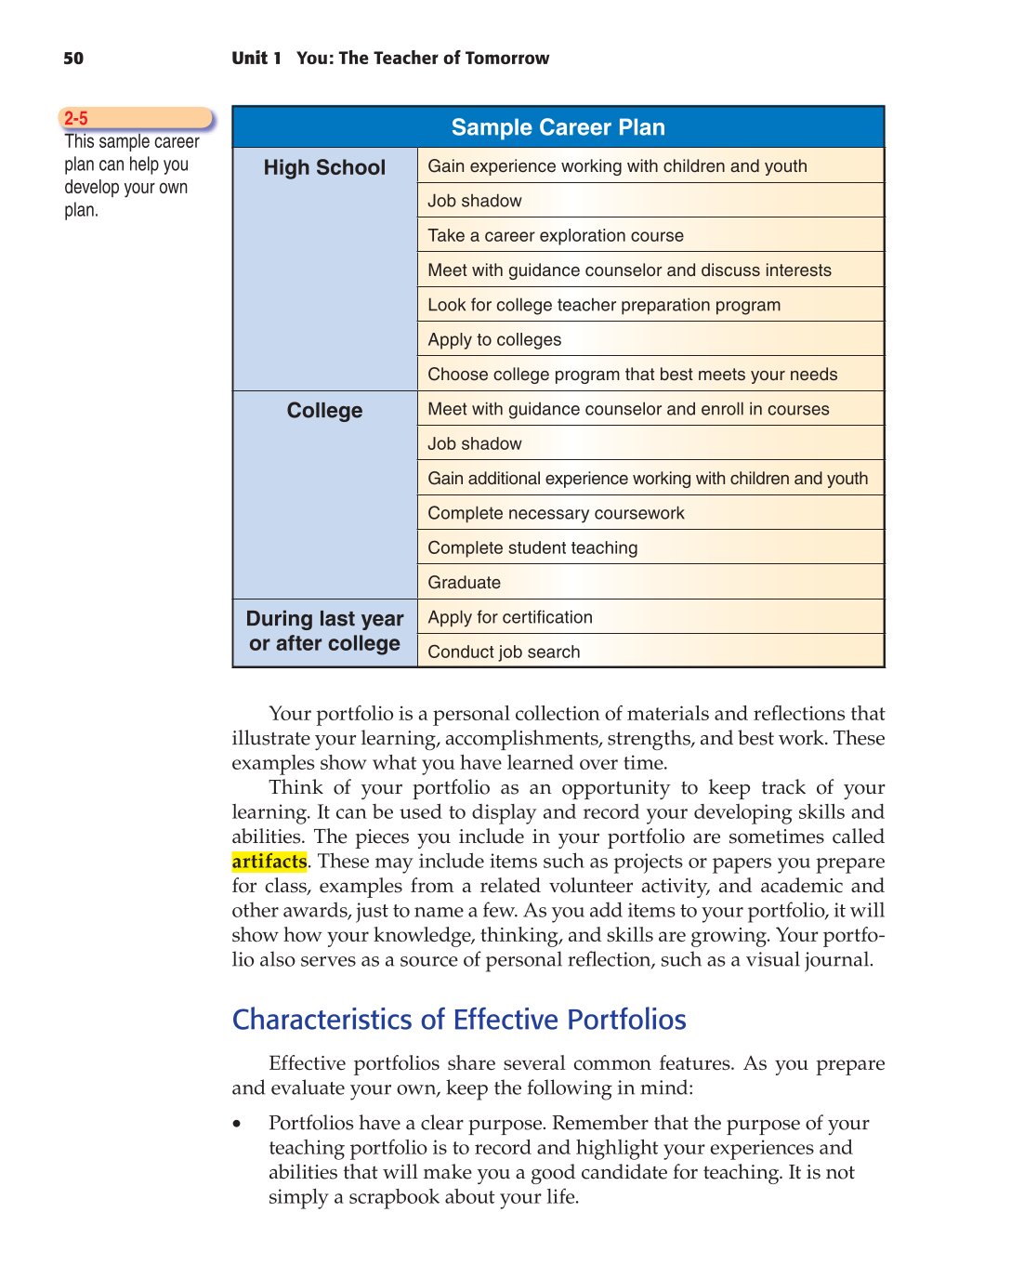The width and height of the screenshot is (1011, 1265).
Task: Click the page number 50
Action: pyautogui.click(x=73, y=59)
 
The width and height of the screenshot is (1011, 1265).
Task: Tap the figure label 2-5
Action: pyautogui.click(x=76, y=118)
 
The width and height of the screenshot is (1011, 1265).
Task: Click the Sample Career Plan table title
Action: pyautogui.click(x=558, y=127)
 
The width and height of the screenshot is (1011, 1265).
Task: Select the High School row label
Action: pyautogui.click(x=324, y=167)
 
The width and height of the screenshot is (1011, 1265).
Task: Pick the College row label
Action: pyautogui.click(x=324, y=411)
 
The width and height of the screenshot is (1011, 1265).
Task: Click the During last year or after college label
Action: pyautogui.click(x=324, y=631)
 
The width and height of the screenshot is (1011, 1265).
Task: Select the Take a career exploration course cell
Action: pyautogui.click(x=555, y=236)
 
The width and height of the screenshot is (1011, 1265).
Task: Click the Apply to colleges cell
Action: pyautogui.click(x=494, y=340)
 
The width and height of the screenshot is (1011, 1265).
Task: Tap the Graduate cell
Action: pyautogui.click(x=464, y=583)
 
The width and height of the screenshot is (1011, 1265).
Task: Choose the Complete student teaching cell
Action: pyautogui.click(x=532, y=548)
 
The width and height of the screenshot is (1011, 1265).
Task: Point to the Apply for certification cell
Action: pyautogui.click(x=509, y=617)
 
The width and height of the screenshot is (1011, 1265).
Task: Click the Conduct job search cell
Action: pyautogui.click(x=504, y=652)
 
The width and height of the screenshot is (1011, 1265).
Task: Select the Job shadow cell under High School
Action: pyautogui.click(x=474, y=201)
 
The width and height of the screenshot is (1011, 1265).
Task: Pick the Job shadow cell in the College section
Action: pyautogui.click(x=474, y=444)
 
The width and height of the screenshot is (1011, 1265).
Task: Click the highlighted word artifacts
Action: pyautogui.click(x=269, y=862)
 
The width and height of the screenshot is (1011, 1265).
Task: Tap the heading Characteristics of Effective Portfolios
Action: pyautogui.click(x=459, y=1020)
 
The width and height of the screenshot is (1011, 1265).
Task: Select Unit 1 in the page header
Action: pyautogui.click(x=256, y=59)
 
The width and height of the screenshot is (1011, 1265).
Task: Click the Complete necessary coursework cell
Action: pyautogui.click(x=556, y=514)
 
